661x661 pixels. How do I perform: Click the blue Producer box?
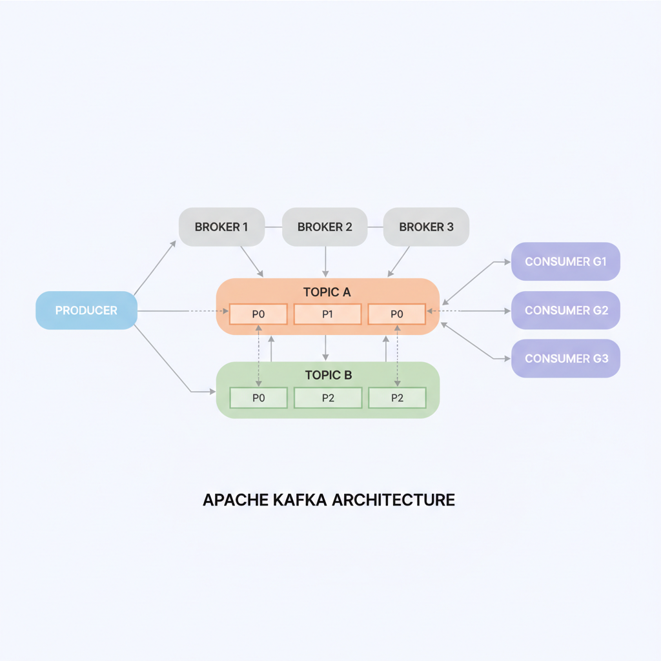click(86, 310)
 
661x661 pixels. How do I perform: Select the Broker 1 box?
click(221, 227)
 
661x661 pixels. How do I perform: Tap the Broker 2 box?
click(325, 227)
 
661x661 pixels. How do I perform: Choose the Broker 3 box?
click(426, 227)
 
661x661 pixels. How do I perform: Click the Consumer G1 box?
click(565, 262)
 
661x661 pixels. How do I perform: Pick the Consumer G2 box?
click(565, 310)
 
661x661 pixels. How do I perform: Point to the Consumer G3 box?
click(565, 358)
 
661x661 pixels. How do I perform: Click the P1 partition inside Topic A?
click(327, 314)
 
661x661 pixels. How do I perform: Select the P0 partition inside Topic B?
click(258, 398)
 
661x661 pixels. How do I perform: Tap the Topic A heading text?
click(327, 292)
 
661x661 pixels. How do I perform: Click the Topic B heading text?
click(327, 375)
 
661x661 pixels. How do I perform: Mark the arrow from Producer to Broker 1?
click(155, 268)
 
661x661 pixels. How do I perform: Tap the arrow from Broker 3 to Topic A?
click(399, 261)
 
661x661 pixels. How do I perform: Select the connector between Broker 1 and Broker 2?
click(273, 227)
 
